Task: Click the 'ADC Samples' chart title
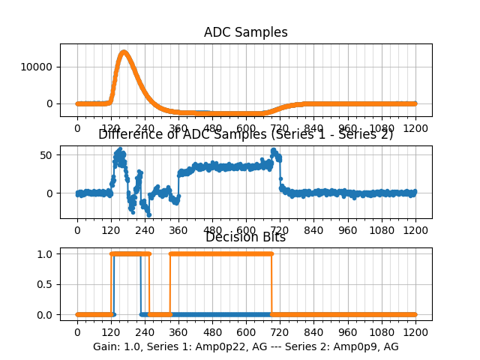point(245,32)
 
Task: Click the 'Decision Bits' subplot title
point(245,238)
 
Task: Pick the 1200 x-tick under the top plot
point(415,128)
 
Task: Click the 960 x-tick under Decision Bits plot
point(348,332)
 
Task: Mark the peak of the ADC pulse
point(123,52)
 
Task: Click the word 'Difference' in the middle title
point(129,135)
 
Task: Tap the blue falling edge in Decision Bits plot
point(141,284)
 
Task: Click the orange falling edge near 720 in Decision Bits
point(271,284)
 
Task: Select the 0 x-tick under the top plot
point(76,128)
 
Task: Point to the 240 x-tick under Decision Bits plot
point(145,332)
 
